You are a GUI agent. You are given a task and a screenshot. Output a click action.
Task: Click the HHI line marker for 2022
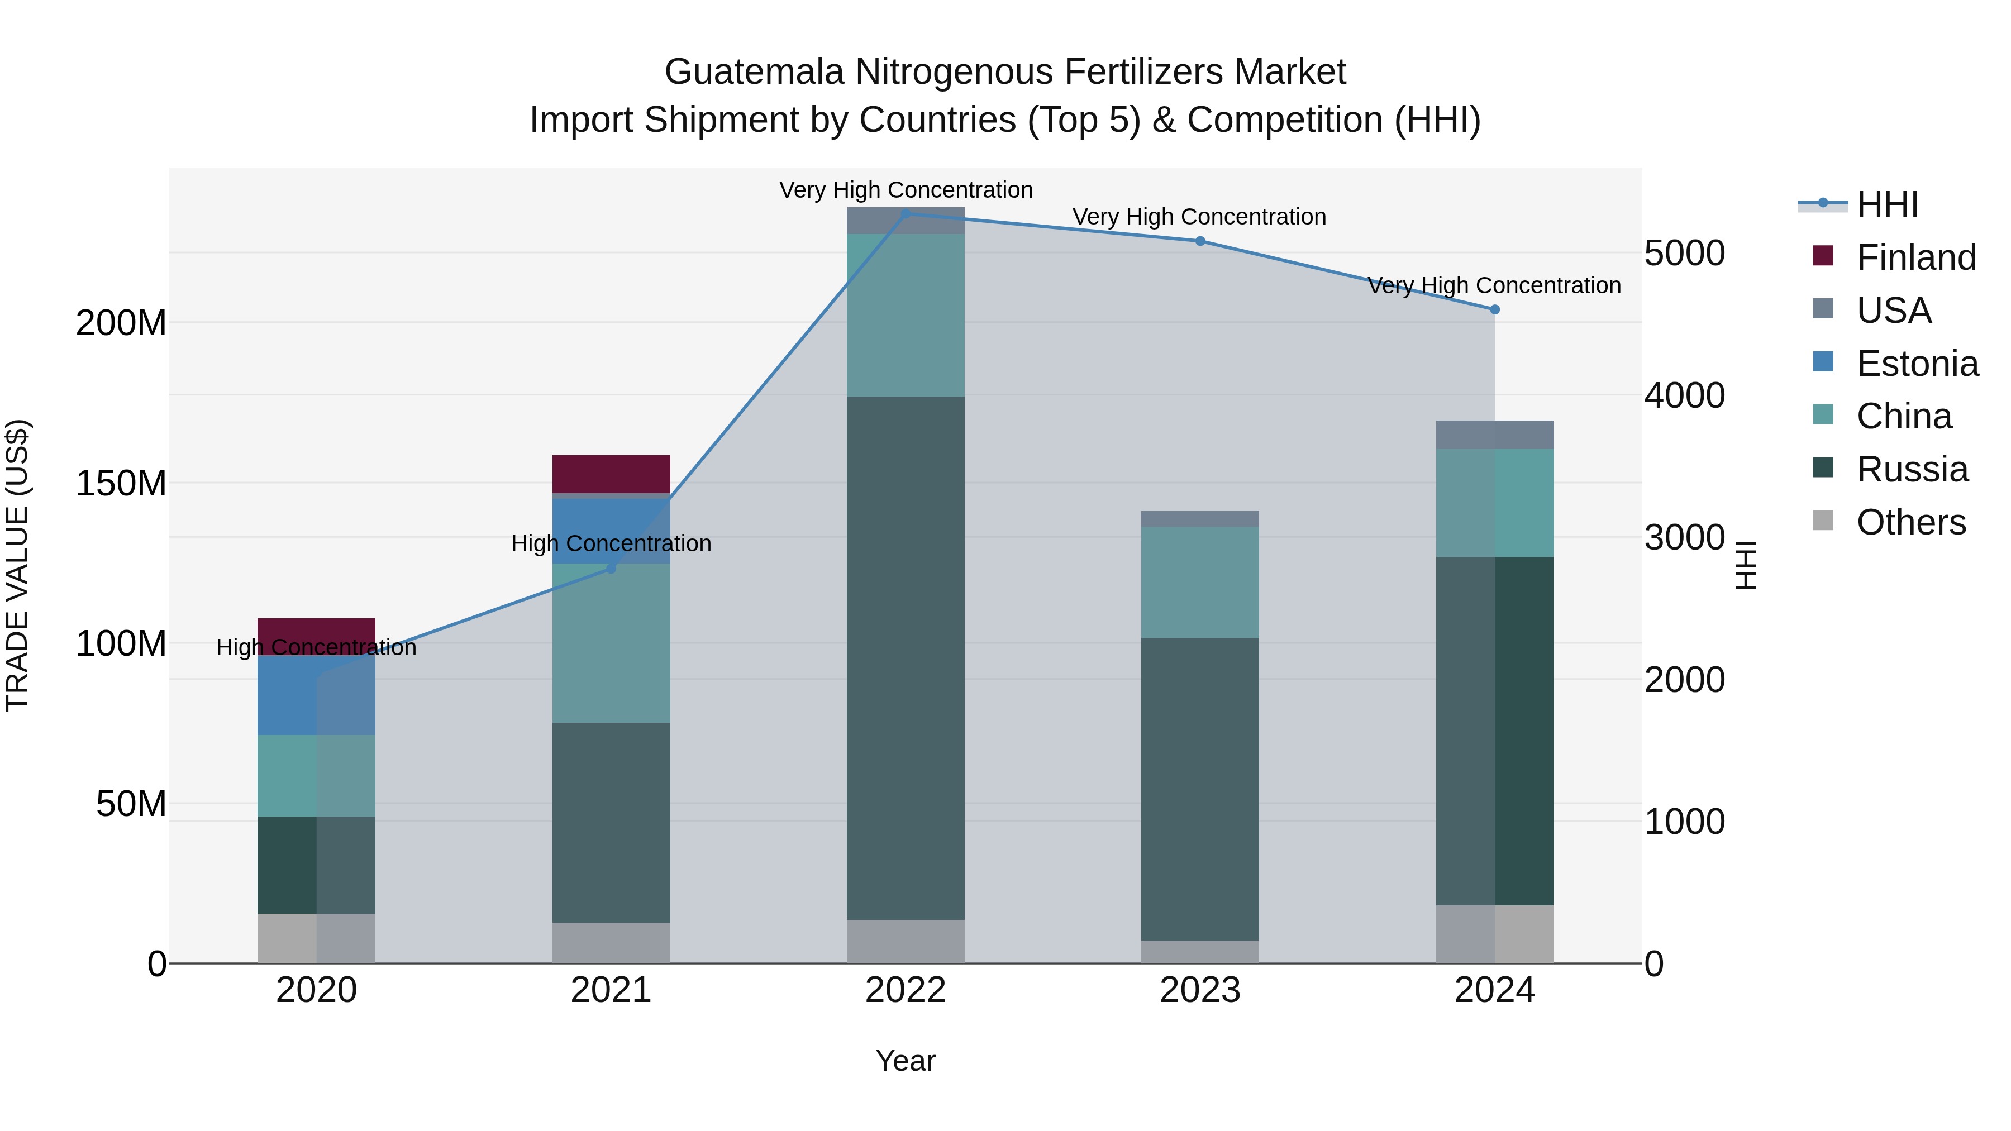(906, 213)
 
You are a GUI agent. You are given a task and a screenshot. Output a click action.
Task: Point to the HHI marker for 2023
(1200, 241)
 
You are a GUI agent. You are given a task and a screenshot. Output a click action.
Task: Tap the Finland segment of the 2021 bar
(611, 474)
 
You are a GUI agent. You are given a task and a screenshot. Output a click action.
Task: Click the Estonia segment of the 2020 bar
(316, 695)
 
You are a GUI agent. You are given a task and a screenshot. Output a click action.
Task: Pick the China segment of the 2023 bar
(1200, 581)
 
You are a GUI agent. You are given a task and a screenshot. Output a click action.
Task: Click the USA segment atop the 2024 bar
(1494, 435)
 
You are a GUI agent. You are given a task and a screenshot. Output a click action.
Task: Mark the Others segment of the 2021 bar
(611, 943)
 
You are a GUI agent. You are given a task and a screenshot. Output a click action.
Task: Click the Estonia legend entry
(1917, 364)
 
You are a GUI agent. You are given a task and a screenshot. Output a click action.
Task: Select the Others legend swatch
(1823, 521)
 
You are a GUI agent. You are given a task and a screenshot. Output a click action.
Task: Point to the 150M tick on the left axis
(121, 484)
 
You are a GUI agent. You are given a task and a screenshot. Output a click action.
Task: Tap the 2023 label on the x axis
(1200, 990)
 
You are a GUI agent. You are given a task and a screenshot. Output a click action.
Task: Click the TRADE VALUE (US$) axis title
(18, 565)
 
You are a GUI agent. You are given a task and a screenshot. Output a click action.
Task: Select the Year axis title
(906, 1061)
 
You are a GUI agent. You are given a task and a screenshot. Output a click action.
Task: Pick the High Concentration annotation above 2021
(611, 543)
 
